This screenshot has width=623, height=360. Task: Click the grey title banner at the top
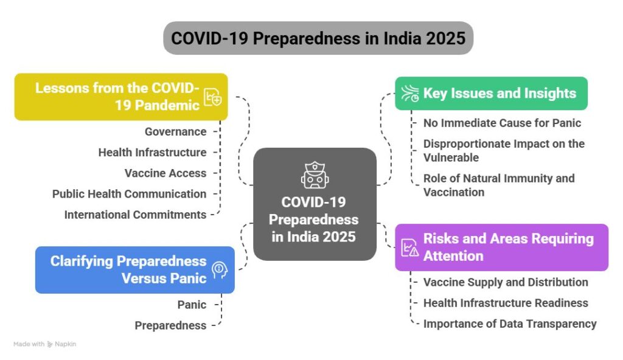pos(318,38)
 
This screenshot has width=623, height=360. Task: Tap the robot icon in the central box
pos(315,175)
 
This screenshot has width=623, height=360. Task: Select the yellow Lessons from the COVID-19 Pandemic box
pos(121,97)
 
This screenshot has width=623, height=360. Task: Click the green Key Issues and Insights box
pos(491,94)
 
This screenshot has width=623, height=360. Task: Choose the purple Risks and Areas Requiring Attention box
pos(501,247)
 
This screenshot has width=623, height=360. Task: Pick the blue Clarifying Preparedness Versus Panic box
pos(134,270)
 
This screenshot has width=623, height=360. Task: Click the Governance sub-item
pos(176,131)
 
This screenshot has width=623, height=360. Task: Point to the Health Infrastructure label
pos(152,152)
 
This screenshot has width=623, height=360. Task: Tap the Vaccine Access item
pos(165,173)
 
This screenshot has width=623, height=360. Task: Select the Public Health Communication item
pos(129,194)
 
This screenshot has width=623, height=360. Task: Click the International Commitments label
pos(135,215)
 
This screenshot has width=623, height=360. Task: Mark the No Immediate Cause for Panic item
pos(502,123)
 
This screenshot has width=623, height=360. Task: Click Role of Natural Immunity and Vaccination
pos(499,185)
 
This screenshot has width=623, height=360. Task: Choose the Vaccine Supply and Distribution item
pos(506,282)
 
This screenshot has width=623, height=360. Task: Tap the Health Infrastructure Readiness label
pos(506,303)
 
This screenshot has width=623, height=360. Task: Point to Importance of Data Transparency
pos(510,324)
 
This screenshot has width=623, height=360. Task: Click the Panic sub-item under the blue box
pos(192,305)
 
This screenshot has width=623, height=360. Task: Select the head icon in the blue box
pos(219,270)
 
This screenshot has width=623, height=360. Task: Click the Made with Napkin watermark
pos(44,344)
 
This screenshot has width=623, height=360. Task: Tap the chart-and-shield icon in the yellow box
pos(213,97)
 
